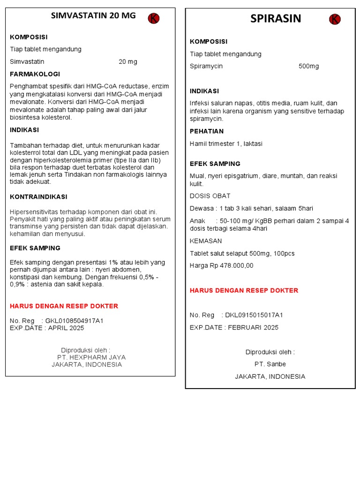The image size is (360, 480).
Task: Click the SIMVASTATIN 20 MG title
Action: pos(93,15)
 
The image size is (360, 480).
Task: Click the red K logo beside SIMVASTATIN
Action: pos(154,18)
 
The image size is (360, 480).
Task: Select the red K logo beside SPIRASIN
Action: pos(335,19)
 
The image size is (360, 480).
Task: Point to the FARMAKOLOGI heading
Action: pos(35,74)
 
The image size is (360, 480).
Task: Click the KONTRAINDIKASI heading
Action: pos(38,197)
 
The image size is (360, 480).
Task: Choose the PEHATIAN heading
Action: pos(207,131)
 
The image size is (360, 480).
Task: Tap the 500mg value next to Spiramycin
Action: pos(308,67)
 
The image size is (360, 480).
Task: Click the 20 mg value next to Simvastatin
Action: pos(128,62)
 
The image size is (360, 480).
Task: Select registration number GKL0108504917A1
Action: pos(74,321)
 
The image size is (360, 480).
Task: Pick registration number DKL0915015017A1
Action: pos(254,315)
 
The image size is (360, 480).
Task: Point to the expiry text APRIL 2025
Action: pos(66,328)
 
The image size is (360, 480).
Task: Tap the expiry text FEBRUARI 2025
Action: pos(253,328)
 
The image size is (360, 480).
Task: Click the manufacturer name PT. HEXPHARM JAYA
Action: pos(91,357)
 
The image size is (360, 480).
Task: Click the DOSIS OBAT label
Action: pos(210,196)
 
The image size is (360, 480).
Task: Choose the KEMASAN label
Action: pos(206,241)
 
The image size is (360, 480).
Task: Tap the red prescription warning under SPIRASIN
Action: pos(244,291)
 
